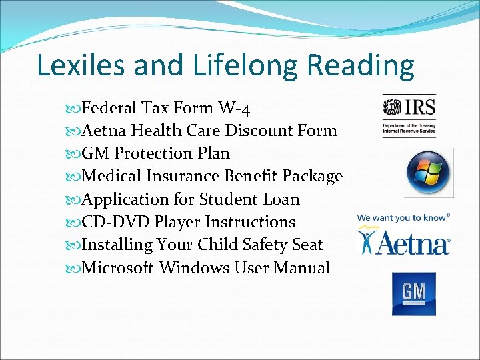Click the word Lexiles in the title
click(80, 66)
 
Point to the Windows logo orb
click(429, 173)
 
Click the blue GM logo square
click(413, 293)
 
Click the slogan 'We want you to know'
click(401, 217)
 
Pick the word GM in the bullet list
click(93, 153)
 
